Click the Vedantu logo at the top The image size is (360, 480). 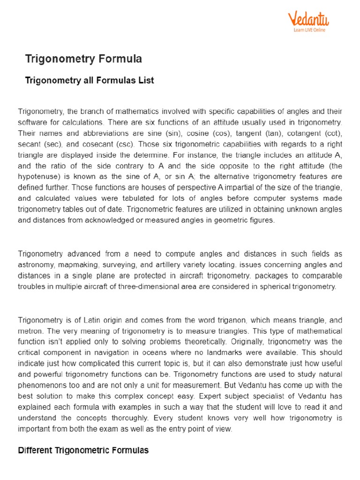coord(308,20)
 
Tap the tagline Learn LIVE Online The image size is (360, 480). coord(309,30)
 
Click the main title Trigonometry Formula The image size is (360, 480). coord(83,59)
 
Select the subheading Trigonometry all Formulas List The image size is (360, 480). coord(89,81)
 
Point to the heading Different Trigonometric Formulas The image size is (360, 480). coord(83,450)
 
